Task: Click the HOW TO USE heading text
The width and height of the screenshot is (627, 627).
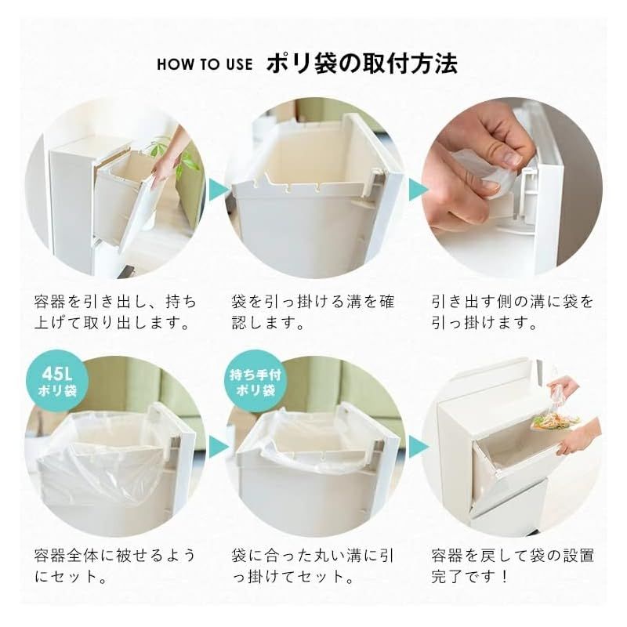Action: [x=205, y=64]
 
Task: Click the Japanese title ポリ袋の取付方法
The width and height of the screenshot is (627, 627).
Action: [x=362, y=63]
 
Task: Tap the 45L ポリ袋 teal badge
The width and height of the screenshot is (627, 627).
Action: [x=56, y=382]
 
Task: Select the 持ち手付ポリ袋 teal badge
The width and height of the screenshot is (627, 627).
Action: [x=256, y=382]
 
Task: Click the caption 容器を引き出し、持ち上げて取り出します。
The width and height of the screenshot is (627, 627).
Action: [x=115, y=312]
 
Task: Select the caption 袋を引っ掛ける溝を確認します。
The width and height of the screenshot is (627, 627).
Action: [x=313, y=312]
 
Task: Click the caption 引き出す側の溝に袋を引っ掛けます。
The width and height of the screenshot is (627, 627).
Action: [x=513, y=312]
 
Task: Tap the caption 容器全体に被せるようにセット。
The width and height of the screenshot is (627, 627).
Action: [x=115, y=566]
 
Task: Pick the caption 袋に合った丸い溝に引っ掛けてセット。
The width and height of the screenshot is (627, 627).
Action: [x=313, y=566]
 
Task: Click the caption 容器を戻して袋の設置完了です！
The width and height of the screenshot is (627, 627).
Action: [x=513, y=566]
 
